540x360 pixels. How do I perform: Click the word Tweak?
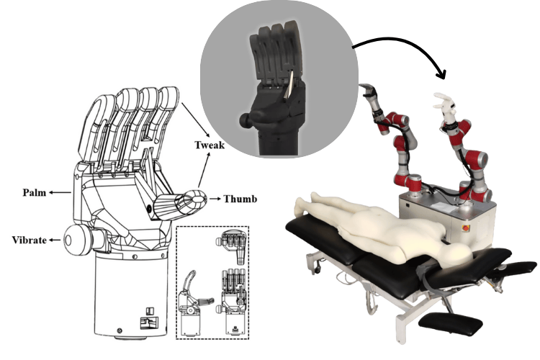(210, 145)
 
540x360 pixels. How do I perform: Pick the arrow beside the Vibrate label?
(55, 240)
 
